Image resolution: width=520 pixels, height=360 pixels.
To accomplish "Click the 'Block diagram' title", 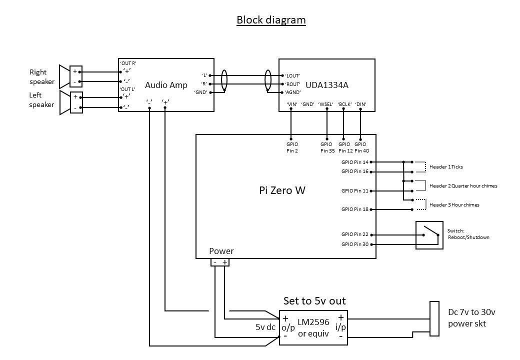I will point(271,20).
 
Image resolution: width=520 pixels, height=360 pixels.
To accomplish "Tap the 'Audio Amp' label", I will point(166,85).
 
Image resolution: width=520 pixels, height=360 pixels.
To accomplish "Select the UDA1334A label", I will point(326,85).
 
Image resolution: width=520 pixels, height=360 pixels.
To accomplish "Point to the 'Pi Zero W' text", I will point(282,190).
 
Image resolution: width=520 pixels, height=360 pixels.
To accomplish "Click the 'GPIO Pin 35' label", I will point(327,147).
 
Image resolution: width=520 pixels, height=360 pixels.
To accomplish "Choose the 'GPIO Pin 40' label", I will point(361,147).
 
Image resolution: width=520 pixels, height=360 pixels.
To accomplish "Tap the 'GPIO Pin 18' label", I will point(354,209).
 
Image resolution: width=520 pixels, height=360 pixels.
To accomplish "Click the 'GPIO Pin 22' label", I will point(354,234).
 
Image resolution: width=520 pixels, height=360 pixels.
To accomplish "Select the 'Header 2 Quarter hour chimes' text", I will point(463,186).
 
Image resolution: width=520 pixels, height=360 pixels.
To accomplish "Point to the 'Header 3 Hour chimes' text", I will point(454,205).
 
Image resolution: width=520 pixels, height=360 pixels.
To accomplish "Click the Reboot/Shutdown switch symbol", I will point(429,235).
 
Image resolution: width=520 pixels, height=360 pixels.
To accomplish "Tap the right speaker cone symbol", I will point(63,76).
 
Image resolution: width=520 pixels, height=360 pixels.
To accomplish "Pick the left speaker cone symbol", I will point(63,102).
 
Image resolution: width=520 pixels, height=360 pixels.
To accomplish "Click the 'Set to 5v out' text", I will point(314,301).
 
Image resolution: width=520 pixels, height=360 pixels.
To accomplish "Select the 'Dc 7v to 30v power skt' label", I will point(471,318).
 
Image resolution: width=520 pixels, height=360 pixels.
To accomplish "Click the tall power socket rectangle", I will point(434,318).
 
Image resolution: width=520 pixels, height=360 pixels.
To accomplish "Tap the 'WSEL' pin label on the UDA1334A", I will point(326,104).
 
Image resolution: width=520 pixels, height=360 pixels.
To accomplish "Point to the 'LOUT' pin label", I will point(292,75).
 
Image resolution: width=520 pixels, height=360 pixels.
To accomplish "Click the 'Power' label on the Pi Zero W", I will point(221,251).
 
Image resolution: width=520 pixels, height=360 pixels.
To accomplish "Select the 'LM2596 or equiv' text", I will point(313,327).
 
